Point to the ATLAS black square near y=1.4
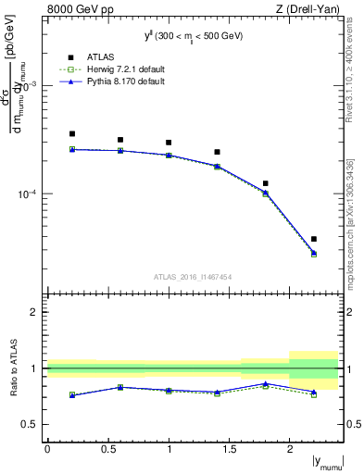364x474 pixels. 218,152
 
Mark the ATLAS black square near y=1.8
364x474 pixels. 266,183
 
